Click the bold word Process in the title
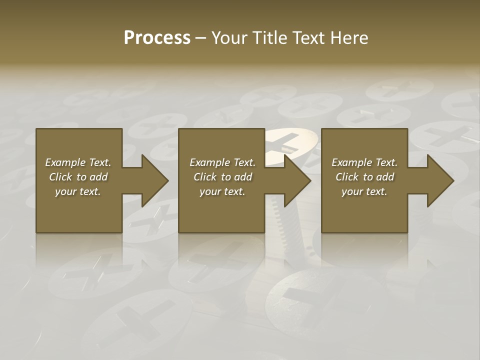click(157, 38)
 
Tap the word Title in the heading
click(270, 38)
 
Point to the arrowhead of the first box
click(154, 180)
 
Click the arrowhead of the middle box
click(297, 180)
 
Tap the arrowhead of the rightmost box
click(440, 180)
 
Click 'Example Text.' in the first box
click(78, 162)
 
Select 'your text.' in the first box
click(78, 191)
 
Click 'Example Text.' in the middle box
click(222, 162)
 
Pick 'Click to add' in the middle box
click(222, 177)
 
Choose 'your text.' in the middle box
click(222, 191)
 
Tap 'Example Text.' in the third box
click(364, 162)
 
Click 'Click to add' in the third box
click(364, 177)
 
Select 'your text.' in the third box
click(364, 191)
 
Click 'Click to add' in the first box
click(78, 177)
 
